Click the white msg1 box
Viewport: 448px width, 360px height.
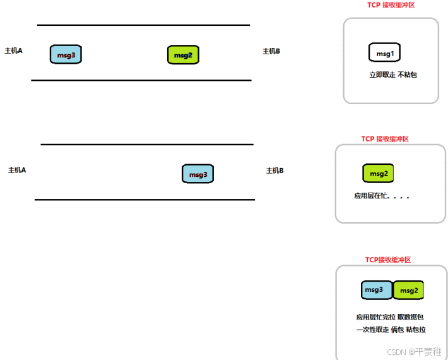384,53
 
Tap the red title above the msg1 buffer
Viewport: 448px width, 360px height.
391,5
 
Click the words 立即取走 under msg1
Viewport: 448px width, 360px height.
382,75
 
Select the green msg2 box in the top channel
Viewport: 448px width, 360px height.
183,55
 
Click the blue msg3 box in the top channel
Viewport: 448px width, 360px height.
66,54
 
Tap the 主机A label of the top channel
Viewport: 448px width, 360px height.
14,51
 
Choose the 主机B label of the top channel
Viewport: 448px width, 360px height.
271,51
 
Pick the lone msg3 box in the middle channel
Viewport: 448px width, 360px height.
198,174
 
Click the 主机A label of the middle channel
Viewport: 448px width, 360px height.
17,170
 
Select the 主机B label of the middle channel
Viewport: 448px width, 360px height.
275,171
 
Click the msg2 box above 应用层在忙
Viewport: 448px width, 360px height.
378,174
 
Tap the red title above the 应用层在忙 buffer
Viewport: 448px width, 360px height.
385,139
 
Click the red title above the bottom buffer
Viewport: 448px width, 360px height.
388,260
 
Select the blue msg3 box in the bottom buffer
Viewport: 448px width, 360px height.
377,290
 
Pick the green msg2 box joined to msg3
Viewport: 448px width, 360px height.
408,291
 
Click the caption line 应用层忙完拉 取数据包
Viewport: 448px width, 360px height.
391,318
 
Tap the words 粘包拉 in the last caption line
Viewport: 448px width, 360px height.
415,330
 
